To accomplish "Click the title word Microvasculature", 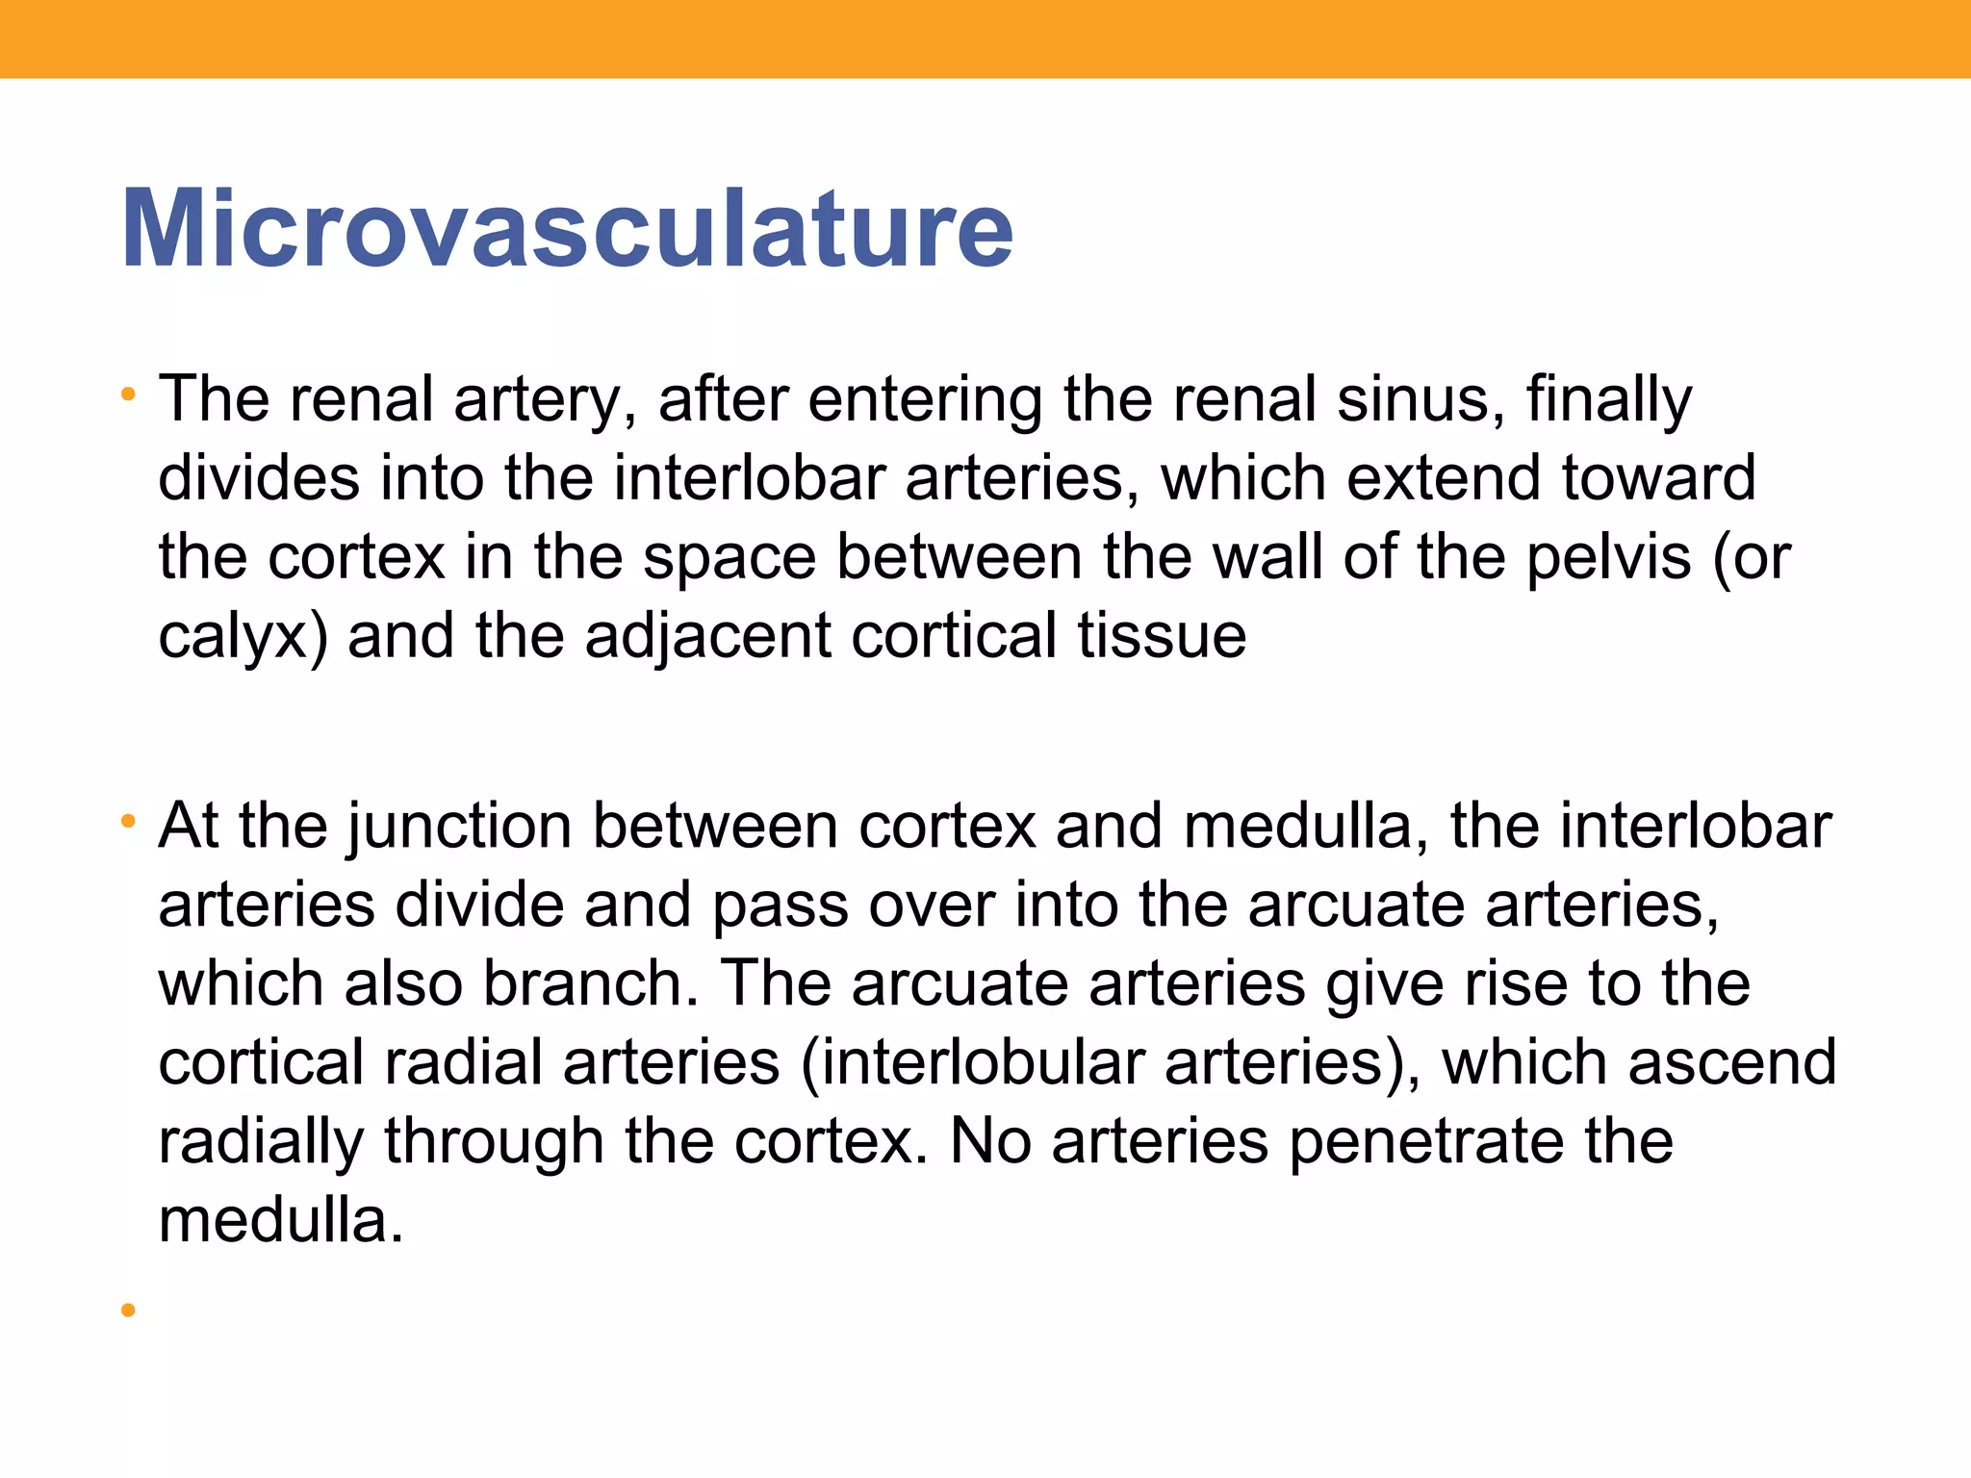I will [x=567, y=230].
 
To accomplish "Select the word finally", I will [x=1609, y=400].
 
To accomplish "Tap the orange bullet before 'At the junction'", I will [x=128, y=822].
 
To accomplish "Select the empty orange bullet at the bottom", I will [x=128, y=1310].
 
